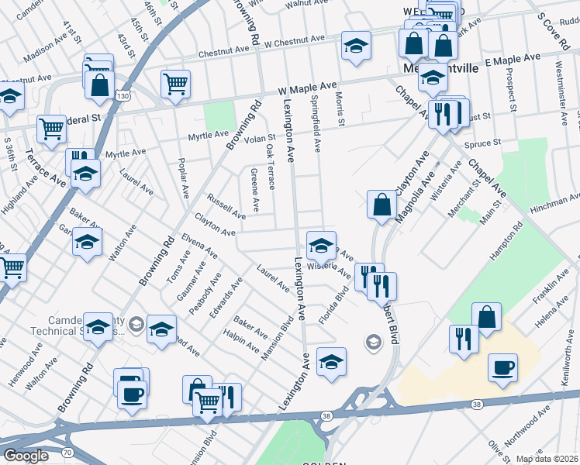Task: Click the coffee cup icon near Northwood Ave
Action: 502,367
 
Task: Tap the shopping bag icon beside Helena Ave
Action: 486,317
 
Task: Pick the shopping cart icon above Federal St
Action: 51,129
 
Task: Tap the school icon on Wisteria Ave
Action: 321,246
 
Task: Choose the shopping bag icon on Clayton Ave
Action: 381,205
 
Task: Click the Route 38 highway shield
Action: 476,405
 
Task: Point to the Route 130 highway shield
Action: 121,95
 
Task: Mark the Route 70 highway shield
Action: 67,451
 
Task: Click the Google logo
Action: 26,456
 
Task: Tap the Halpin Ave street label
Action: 240,340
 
